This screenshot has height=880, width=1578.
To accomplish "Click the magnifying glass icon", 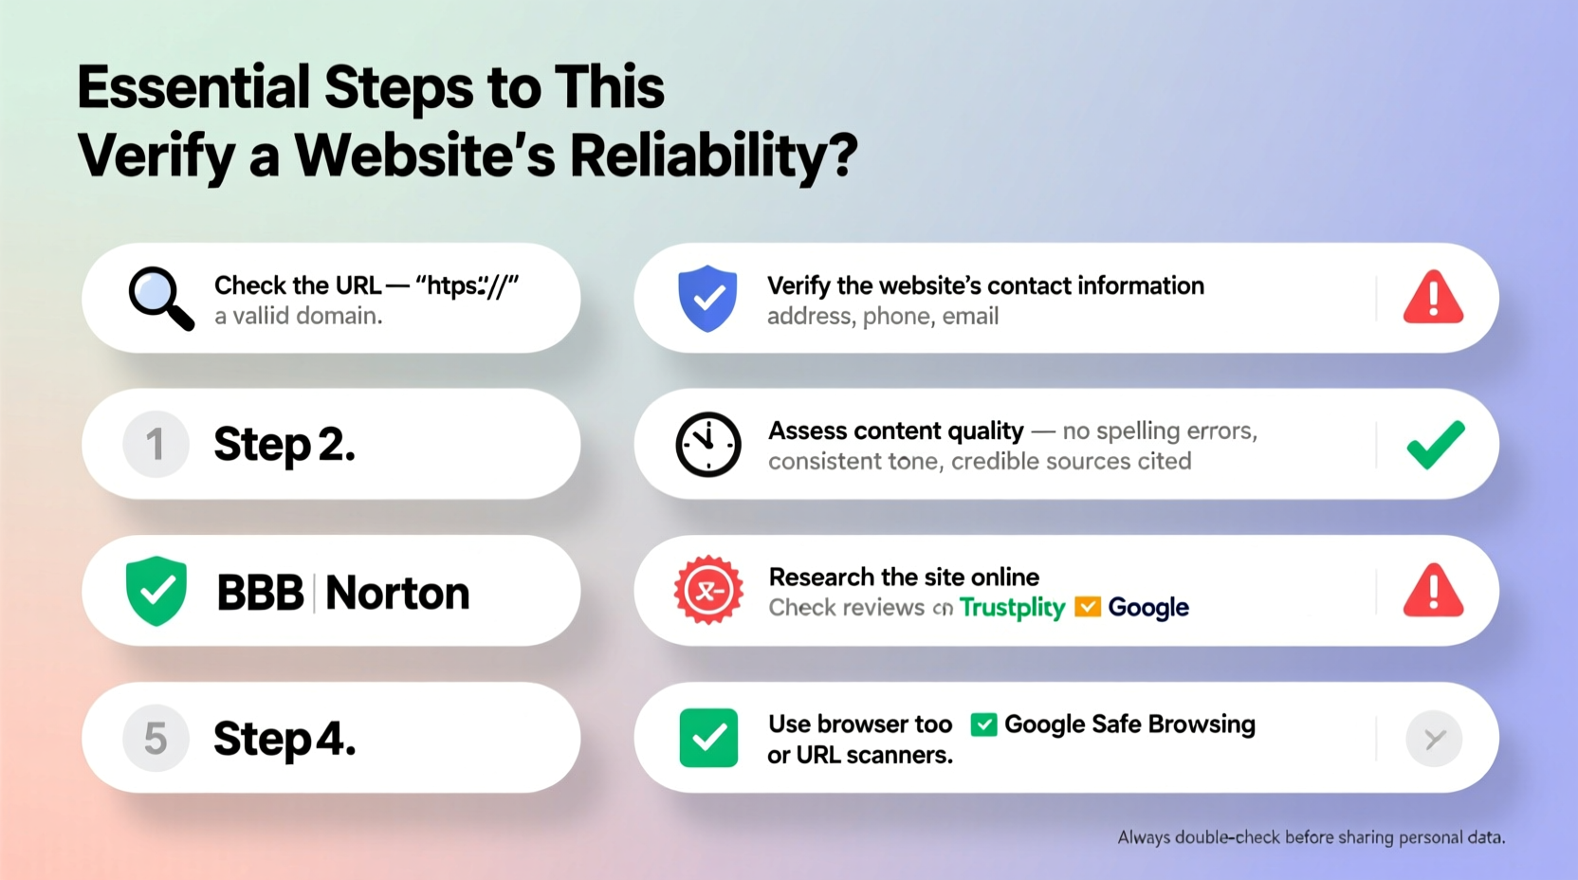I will (x=159, y=298).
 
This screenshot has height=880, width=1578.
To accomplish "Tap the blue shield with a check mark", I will (x=707, y=299).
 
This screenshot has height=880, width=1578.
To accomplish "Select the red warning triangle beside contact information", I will (x=1433, y=298).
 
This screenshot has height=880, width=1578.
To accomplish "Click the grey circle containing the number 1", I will (x=156, y=444).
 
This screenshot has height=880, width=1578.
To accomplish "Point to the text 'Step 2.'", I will (x=284, y=444).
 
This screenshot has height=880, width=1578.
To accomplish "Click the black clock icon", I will (x=707, y=444).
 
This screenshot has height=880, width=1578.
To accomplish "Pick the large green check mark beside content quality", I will (x=1435, y=444).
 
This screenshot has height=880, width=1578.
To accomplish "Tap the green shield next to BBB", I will (x=156, y=591).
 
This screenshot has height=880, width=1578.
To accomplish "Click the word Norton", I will (x=397, y=593).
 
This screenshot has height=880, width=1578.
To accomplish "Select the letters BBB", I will (x=260, y=593).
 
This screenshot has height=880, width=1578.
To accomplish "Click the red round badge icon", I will (x=707, y=590).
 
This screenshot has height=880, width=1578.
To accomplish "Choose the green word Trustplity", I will (x=1012, y=607).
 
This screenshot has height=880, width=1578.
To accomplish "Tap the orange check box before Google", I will (x=1087, y=607).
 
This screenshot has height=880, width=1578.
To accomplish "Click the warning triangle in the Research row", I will (x=1433, y=591).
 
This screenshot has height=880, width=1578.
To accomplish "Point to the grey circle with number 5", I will (x=156, y=738).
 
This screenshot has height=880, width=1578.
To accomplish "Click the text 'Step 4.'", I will (x=284, y=738).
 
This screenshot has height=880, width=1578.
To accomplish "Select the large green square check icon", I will (x=708, y=738).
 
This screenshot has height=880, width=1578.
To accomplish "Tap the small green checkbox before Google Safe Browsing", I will (x=983, y=724).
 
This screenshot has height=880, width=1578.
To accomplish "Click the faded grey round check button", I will (x=1434, y=738).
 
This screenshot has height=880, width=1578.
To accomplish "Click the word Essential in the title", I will (x=193, y=87).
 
